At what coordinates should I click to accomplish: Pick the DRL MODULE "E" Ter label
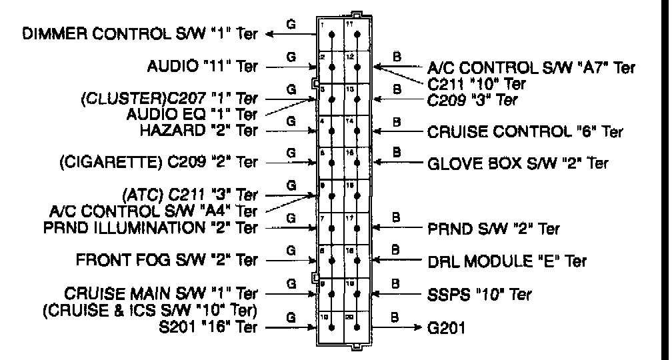point(507,260)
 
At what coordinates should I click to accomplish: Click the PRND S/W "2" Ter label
point(493,228)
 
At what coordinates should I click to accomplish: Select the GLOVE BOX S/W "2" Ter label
point(517,163)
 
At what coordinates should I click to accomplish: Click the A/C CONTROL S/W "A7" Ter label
point(531,67)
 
